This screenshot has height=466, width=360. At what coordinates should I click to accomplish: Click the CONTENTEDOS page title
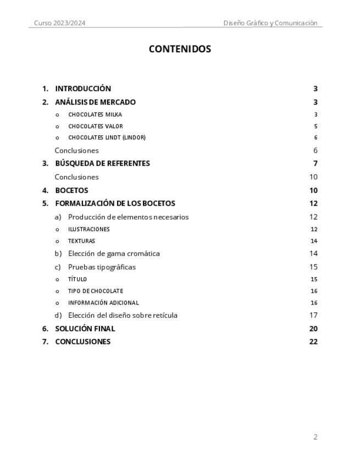180,49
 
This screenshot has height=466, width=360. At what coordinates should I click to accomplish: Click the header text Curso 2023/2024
59,23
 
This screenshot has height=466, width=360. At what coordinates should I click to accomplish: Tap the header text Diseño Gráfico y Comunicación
270,23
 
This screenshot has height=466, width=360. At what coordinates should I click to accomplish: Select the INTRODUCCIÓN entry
83,88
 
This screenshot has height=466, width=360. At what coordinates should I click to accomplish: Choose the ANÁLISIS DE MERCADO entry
95,102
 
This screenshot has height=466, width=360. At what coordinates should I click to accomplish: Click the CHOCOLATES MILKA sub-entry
95,115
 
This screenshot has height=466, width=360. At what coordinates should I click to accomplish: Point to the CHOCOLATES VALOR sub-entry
96,126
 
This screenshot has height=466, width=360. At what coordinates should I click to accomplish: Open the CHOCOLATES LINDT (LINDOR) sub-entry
107,138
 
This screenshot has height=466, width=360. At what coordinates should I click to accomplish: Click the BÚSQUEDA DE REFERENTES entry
102,163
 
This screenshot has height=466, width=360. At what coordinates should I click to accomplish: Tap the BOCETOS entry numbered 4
71,191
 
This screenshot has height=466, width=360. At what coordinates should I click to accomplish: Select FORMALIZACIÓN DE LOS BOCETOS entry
115,203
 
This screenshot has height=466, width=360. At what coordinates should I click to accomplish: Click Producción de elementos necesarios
128,217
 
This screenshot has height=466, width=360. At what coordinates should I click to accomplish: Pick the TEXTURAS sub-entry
81,241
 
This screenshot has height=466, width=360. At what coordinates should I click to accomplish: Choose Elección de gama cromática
114,254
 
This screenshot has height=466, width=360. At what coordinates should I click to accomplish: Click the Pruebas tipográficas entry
102,267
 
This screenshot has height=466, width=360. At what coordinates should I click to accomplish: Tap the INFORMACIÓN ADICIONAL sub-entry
103,303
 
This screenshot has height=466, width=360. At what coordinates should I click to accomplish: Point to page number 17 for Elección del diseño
313,315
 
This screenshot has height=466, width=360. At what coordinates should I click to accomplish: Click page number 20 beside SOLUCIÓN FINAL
313,329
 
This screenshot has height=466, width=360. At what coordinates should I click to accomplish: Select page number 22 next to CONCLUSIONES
313,342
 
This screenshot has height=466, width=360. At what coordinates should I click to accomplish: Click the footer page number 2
315,437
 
